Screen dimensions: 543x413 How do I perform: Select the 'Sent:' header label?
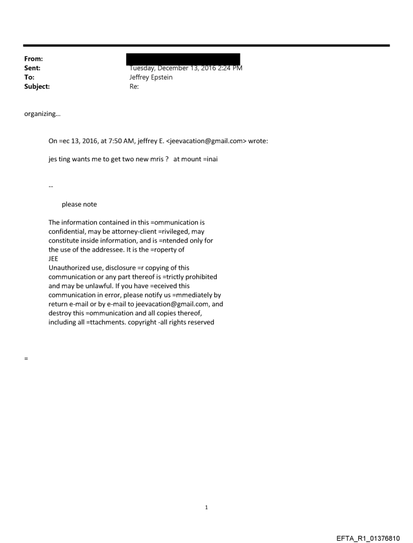pos(32,68)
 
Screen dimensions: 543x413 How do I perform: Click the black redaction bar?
pos(184,59)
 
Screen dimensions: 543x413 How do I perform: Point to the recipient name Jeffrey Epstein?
pos(151,77)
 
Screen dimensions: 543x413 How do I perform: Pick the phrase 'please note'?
pos(79,204)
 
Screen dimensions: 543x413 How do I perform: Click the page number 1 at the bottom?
pos(206,507)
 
